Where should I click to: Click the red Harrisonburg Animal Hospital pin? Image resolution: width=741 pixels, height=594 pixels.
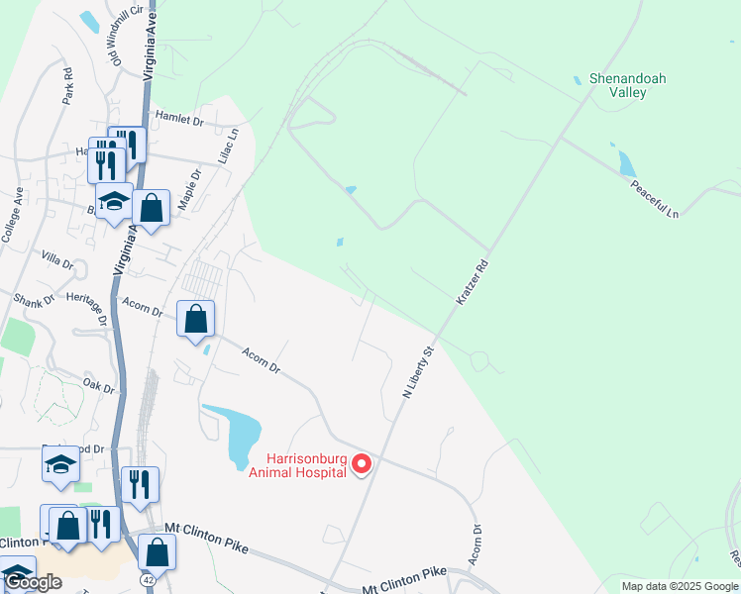tap(362, 462)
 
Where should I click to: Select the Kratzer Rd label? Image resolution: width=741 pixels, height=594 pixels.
tap(472, 282)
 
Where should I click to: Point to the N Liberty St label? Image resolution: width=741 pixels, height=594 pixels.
tap(418, 372)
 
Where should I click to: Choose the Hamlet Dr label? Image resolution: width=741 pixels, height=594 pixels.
tap(178, 121)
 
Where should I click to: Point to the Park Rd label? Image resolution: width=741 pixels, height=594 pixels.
tap(67, 86)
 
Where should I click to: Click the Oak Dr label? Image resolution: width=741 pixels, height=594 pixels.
tap(100, 384)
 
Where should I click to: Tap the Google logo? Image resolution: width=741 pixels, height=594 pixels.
tap(34, 583)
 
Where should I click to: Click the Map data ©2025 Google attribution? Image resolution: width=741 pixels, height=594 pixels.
tap(680, 586)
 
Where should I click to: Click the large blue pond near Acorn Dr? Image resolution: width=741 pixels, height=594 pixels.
tap(242, 434)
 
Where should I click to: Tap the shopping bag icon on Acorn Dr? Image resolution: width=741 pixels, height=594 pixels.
tap(196, 319)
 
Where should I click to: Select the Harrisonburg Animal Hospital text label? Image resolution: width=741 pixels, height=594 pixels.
tap(306, 464)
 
